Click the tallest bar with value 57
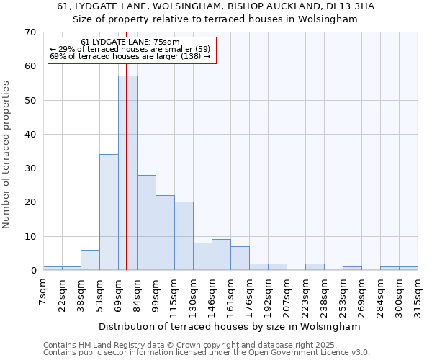[127, 173]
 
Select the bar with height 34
[109, 212]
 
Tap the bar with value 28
[146, 222]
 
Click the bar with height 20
[184, 236]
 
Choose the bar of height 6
[90, 260]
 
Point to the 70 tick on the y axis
[30, 32]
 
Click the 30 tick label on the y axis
[30, 168]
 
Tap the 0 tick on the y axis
[33, 271]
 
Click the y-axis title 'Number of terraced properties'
[6, 155]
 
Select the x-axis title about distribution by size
[229, 326]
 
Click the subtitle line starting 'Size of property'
[215, 19]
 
